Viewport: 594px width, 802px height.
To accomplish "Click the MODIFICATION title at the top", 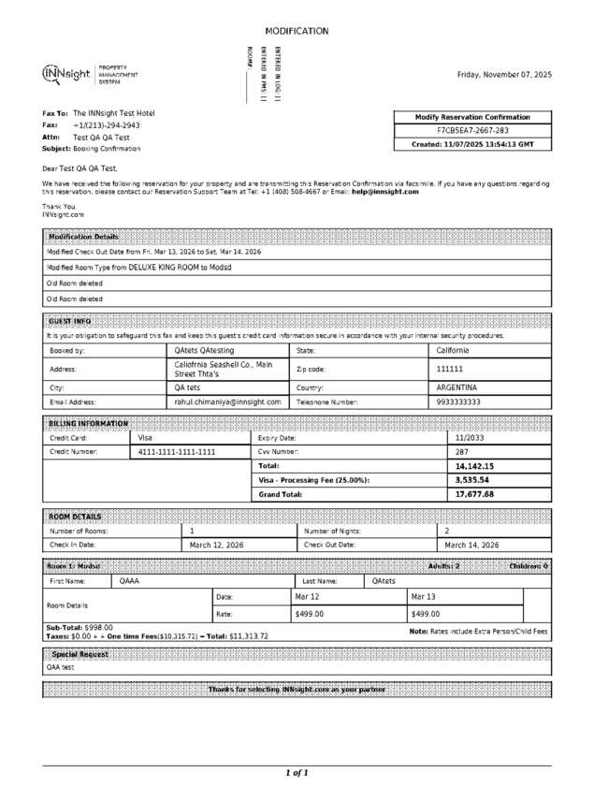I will point(297,31).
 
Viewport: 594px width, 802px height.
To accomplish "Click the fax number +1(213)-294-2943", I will point(107,124).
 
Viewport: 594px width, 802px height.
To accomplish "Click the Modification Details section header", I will point(83,237).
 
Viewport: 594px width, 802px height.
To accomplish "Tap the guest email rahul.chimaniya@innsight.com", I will point(227,401).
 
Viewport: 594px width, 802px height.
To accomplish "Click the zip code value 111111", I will point(450,369).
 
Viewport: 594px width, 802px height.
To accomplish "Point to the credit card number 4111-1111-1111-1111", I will point(177,451).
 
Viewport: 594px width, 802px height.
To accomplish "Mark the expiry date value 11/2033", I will point(470,437).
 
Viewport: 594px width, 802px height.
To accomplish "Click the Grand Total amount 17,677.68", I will point(474,494).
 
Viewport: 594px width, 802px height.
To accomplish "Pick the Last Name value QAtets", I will point(384,581).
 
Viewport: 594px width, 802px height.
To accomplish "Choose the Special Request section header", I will point(80,653).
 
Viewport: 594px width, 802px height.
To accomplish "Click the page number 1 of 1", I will point(297,773).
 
